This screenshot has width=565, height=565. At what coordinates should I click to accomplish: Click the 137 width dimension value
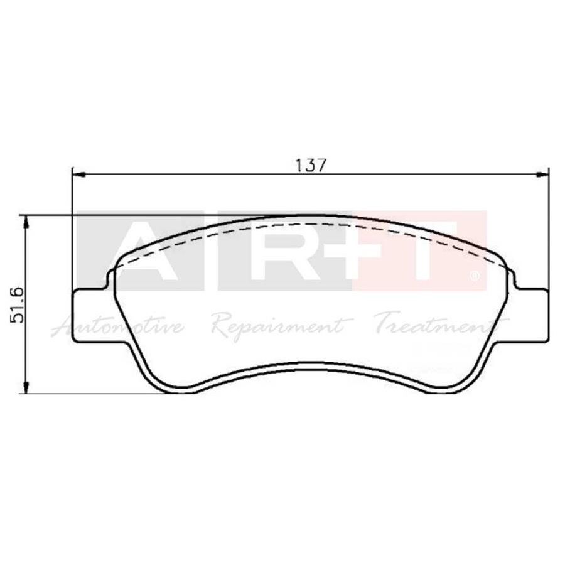[311, 165]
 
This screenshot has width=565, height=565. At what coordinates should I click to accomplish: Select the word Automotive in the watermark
[119, 326]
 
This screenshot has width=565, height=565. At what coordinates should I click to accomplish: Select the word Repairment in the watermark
[277, 325]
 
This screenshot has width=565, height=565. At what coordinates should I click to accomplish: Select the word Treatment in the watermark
[433, 325]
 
